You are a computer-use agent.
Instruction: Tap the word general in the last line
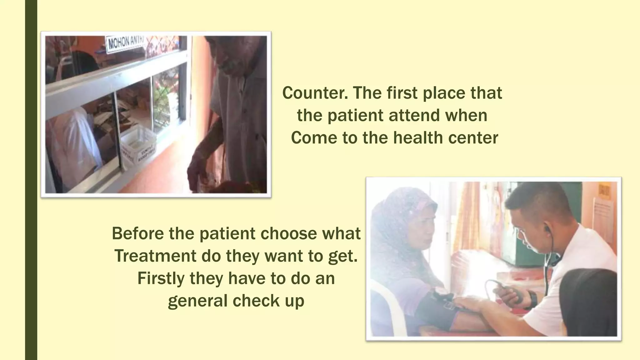[197, 301]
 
